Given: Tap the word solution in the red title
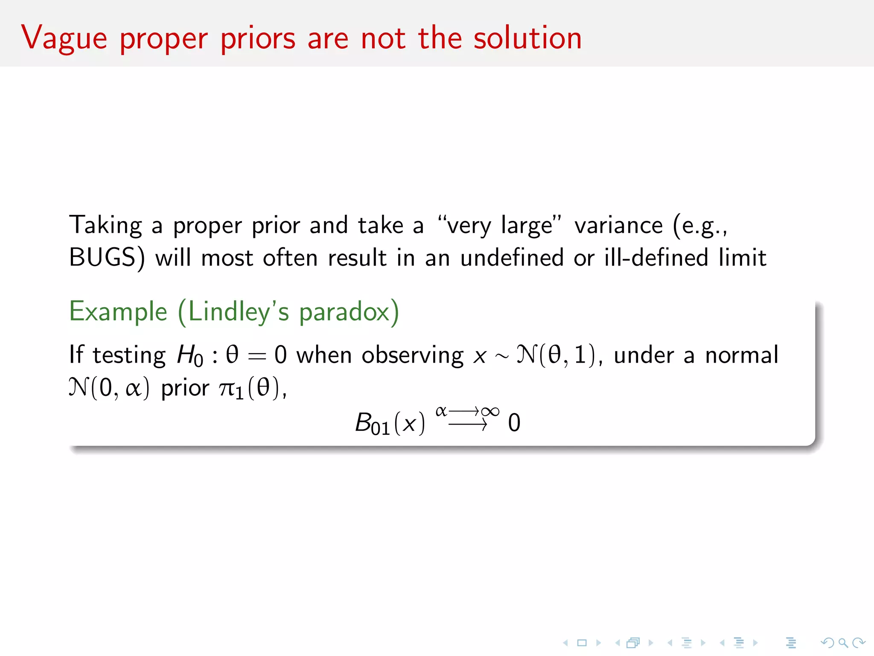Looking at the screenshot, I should click(527, 38).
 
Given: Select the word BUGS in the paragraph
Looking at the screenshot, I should click(103, 258).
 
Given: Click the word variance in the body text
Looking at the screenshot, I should click(618, 225).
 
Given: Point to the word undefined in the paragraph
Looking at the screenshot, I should click(512, 258).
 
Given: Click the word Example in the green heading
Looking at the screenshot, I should click(118, 312).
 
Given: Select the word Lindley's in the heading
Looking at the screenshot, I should click(238, 312).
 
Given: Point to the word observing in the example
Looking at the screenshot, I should click(412, 355).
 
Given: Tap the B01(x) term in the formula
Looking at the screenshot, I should click(390, 423).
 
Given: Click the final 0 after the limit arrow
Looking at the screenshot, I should click(514, 423).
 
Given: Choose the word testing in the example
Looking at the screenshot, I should click(129, 355).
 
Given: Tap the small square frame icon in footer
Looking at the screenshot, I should click(582, 642).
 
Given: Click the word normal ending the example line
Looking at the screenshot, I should click(742, 355).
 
